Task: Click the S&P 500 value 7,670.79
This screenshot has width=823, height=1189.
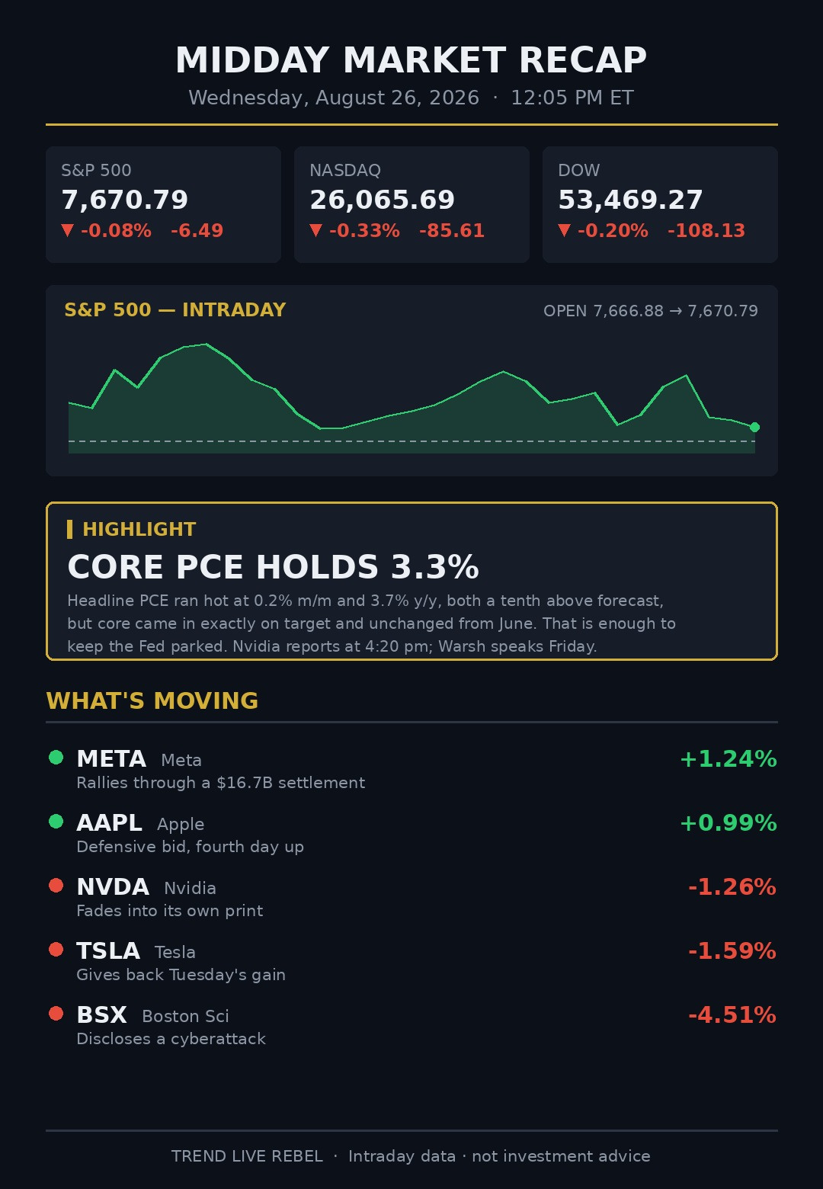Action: pos(125,200)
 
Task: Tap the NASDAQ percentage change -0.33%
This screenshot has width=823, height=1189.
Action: pos(364,231)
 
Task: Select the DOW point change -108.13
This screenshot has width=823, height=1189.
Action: pos(706,231)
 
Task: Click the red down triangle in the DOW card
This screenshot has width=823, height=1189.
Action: pos(564,230)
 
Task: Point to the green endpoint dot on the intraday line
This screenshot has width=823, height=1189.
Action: pos(754,428)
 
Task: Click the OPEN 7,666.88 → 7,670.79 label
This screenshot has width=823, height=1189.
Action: pos(651,311)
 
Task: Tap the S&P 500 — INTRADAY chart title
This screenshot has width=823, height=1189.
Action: pos(175,310)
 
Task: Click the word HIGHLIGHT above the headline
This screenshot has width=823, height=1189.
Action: pos(139,529)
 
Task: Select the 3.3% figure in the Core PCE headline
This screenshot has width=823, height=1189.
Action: pos(435,567)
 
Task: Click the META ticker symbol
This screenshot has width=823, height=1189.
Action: pos(111,759)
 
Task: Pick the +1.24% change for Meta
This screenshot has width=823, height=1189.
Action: pos(728,759)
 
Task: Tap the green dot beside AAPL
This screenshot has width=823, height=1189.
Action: pos(56,822)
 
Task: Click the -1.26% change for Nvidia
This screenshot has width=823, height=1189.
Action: pos(732,887)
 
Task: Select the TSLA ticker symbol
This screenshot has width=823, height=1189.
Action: pos(108,951)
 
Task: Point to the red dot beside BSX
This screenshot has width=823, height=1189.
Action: pos(56,1013)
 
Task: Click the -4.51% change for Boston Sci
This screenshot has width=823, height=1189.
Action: pos(732,1015)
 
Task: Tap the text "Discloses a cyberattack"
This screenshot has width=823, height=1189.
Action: pos(171,1039)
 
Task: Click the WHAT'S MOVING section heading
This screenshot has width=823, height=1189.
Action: pos(152,700)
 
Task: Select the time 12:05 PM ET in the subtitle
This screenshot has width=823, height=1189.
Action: pos(572,98)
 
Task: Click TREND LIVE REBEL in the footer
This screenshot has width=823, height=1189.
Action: pos(247,1156)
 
